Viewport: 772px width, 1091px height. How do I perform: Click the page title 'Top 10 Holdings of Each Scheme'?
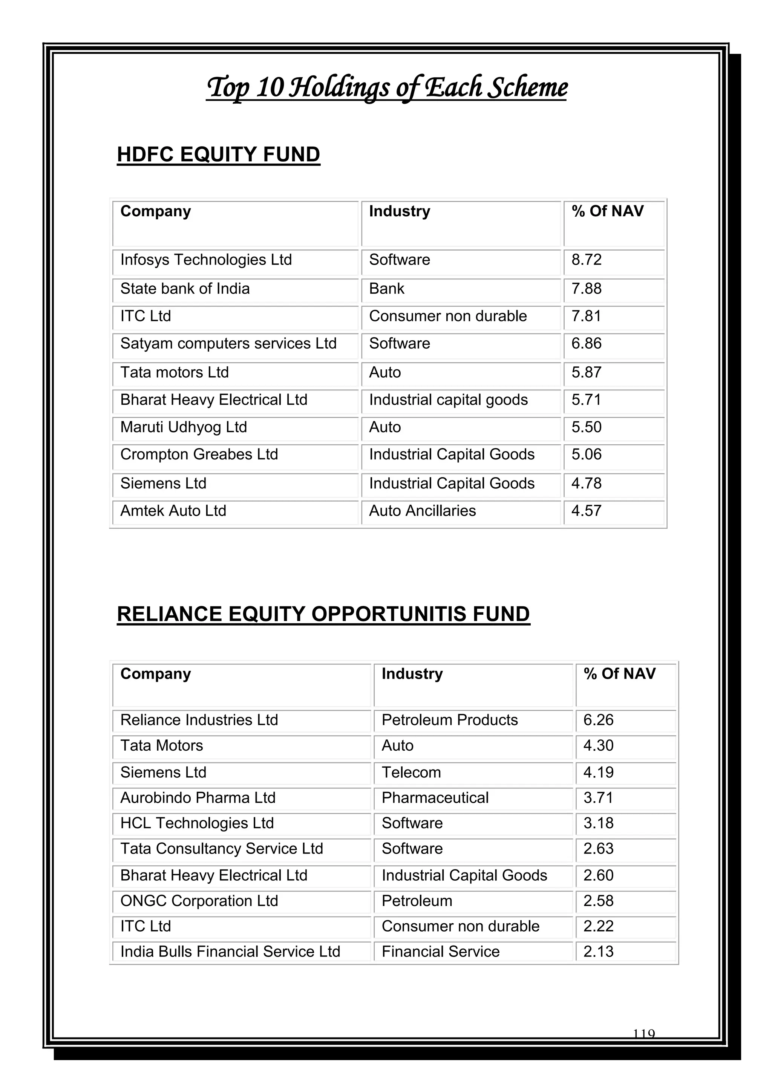386,87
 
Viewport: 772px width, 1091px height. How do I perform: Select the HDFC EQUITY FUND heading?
218,155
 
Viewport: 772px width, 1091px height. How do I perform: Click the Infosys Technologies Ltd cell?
206,260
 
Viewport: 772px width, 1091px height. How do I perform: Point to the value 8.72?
586,260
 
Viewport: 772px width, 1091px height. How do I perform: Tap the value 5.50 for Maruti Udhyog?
586,427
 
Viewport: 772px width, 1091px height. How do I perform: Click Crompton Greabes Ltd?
199,455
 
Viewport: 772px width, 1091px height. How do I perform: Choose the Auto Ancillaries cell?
422,511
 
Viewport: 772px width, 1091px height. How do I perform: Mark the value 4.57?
586,511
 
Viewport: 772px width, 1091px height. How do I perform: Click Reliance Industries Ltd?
199,720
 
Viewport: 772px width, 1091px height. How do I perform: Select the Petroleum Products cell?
449,720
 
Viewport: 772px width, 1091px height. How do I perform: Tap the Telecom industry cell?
411,772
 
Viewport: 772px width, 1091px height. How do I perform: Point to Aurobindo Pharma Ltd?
198,797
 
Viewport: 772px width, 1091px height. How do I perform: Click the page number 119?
644,1034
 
